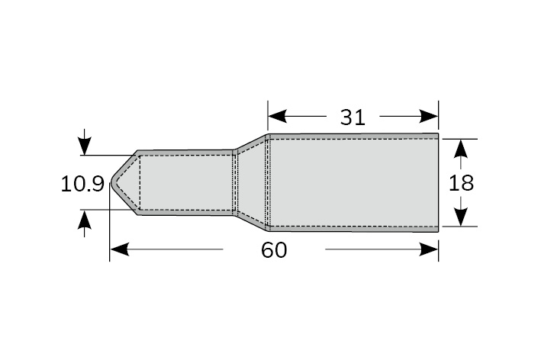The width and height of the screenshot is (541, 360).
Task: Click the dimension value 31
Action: [353, 117]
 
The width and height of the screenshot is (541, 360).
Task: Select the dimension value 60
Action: [274, 250]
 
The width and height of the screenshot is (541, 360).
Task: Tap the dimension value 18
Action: [461, 183]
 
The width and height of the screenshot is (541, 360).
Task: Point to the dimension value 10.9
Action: [82, 184]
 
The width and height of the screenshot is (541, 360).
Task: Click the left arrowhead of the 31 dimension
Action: [278, 116]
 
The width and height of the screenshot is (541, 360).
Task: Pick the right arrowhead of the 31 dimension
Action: [429, 116]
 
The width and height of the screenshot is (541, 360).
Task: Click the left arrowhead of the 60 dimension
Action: [119, 249]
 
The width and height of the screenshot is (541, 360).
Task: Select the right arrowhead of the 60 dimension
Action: [429, 249]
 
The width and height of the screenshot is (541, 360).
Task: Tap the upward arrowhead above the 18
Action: [461, 149]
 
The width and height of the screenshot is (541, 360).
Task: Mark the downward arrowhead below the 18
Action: [461, 217]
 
